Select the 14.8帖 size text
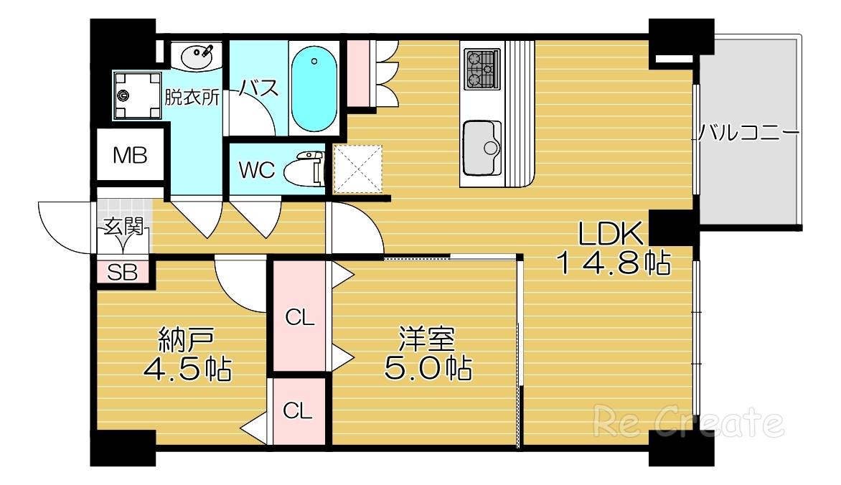click(x=614, y=264)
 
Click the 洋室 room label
click(x=428, y=338)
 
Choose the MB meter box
click(x=131, y=155)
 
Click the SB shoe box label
click(x=123, y=272)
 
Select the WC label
click(x=256, y=170)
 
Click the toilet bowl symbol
click(x=304, y=170)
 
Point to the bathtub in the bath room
click(x=314, y=88)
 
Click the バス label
click(x=258, y=88)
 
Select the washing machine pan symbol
click(x=136, y=95)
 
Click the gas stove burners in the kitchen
click(x=481, y=69)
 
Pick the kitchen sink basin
click(x=482, y=147)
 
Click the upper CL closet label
click(x=300, y=317)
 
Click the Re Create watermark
click(x=687, y=422)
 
